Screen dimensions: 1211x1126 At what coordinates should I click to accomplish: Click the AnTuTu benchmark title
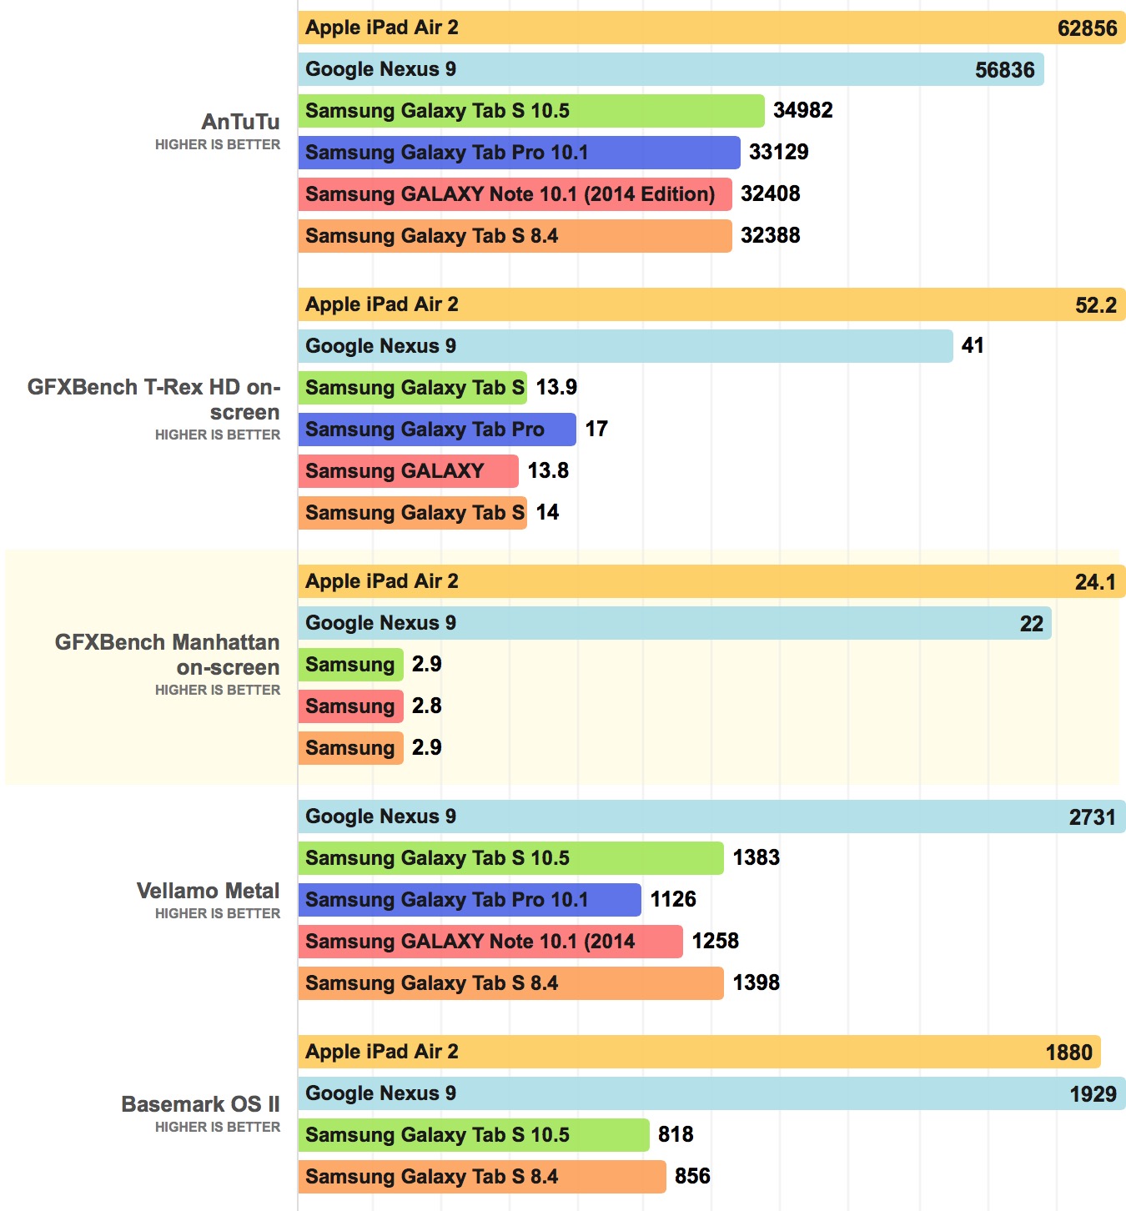click(240, 122)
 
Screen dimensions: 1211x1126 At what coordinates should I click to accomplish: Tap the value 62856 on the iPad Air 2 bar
click(1087, 28)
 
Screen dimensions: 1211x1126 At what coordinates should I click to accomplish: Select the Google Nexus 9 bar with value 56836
click(671, 69)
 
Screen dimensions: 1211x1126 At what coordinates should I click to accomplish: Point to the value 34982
click(802, 110)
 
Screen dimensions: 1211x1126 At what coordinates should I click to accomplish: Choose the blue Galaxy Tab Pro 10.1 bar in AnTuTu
click(519, 153)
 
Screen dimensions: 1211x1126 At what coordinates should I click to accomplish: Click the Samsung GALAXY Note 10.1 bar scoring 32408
click(515, 194)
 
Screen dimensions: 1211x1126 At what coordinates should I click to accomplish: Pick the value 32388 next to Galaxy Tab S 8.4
click(770, 235)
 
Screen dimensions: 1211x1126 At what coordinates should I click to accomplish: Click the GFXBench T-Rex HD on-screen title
click(153, 399)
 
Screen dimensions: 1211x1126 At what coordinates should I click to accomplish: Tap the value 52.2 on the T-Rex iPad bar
click(1095, 305)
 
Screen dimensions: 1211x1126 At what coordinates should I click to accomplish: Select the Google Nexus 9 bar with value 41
click(625, 346)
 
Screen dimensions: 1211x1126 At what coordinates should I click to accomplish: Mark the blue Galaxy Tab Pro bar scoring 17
click(437, 430)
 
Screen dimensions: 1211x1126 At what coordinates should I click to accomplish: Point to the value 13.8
click(548, 470)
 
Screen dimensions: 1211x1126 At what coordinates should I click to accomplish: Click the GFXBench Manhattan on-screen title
click(167, 655)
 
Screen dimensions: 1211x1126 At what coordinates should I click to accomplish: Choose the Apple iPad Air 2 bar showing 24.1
click(711, 581)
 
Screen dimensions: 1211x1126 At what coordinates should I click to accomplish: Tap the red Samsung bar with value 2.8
click(350, 706)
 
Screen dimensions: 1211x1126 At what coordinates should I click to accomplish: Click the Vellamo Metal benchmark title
click(208, 891)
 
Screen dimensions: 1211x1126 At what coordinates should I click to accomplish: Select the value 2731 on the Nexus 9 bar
click(1092, 817)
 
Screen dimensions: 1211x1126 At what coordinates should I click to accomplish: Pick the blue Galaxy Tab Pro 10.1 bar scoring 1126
click(470, 900)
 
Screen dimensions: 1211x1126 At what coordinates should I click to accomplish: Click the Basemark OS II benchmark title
click(200, 1104)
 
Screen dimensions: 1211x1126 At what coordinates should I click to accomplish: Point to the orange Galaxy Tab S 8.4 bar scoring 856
click(482, 1177)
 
